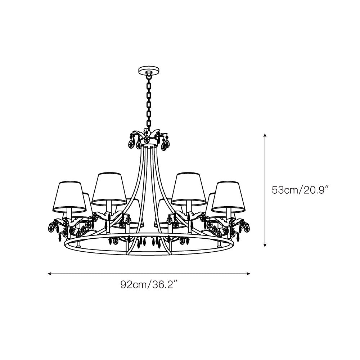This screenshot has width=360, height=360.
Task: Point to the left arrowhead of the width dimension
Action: pos(49,274)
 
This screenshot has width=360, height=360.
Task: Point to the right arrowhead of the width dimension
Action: pos(248,274)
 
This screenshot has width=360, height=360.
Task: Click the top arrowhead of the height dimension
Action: pos(265,135)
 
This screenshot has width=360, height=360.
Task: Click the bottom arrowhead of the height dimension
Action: pos(265,245)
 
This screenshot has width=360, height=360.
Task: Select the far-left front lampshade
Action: pos(69,197)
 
